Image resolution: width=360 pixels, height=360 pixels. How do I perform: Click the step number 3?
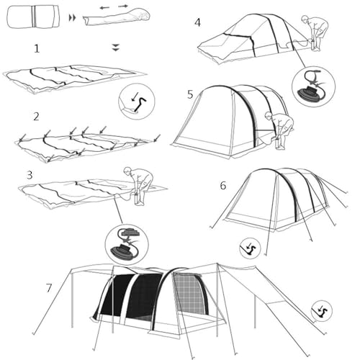(x=29, y=174)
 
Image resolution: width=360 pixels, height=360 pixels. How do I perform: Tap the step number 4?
(x=198, y=22)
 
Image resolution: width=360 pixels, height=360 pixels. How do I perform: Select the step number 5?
(x=190, y=94)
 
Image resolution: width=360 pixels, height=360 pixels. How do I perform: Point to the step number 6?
(x=223, y=185)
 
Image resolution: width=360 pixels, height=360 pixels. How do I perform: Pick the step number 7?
(x=49, y=287)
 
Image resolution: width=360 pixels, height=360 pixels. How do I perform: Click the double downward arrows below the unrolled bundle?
(x=116, y=48)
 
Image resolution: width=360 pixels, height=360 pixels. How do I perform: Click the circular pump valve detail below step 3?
(x=126, y=243)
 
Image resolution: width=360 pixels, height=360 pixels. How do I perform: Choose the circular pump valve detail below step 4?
(x=313, y=86)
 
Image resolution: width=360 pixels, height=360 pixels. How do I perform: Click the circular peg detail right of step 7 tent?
(x=321, y=311)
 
